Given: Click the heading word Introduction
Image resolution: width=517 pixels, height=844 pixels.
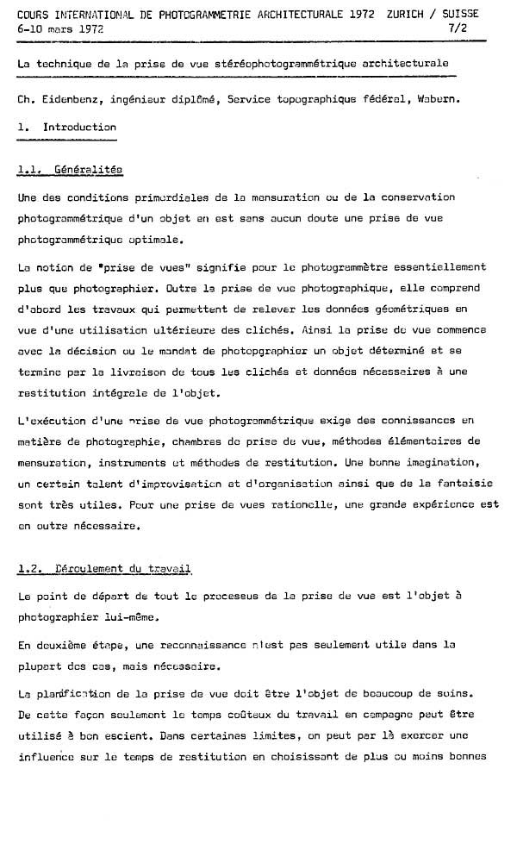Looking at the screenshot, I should (x=79, y=127).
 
